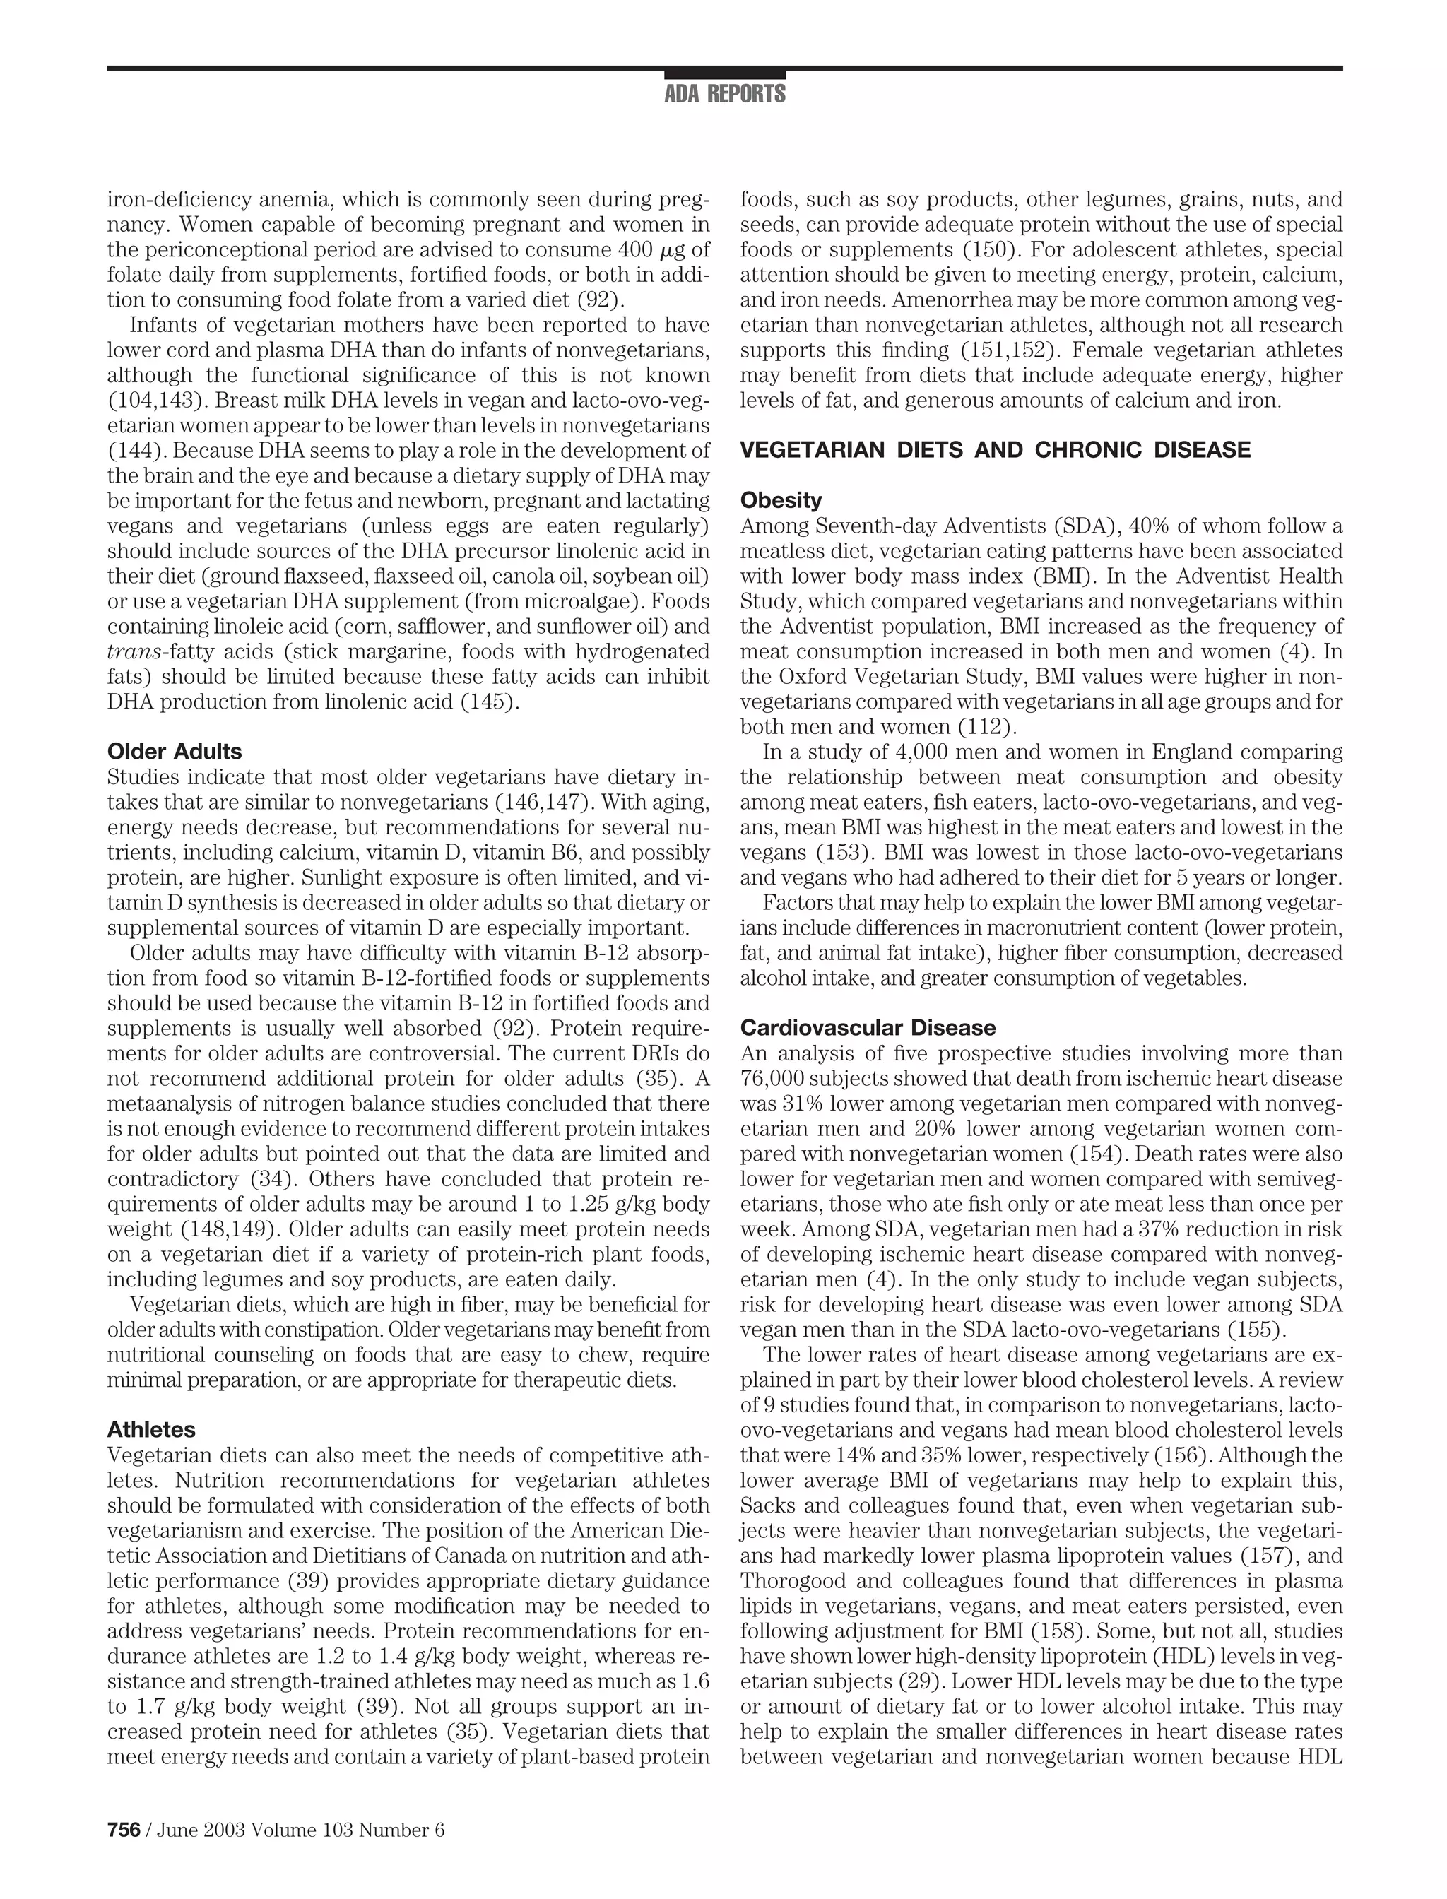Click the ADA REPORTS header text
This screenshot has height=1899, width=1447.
(x=724, y=94)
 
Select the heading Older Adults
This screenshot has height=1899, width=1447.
(x=174, y=751)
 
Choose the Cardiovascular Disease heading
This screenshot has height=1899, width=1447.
(x=868, y=1027)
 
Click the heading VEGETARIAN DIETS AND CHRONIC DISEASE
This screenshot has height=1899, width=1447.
(x=995, y=449)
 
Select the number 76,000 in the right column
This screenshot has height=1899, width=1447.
(x=772, y=1078)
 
